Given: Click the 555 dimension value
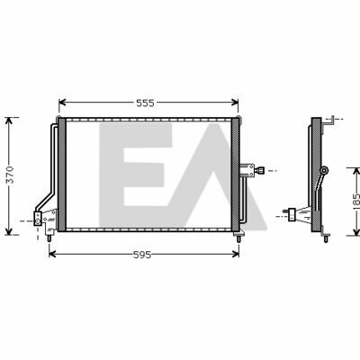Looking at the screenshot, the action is (x=145, y=103).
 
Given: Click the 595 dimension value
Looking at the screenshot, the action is (x=142, y=255).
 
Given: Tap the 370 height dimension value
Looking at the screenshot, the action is (x=10, y=175).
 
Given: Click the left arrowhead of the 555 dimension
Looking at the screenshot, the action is (x=62, y=103).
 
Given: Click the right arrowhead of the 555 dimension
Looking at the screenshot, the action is (x=235, y=103).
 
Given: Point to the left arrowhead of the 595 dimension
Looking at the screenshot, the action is (x=52, y=255).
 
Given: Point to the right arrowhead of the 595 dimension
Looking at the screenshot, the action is (x=236, y=255).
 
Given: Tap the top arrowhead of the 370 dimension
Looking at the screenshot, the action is (x=9, y=121).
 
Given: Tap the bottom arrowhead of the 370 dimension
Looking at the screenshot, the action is (x=9, y=231).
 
